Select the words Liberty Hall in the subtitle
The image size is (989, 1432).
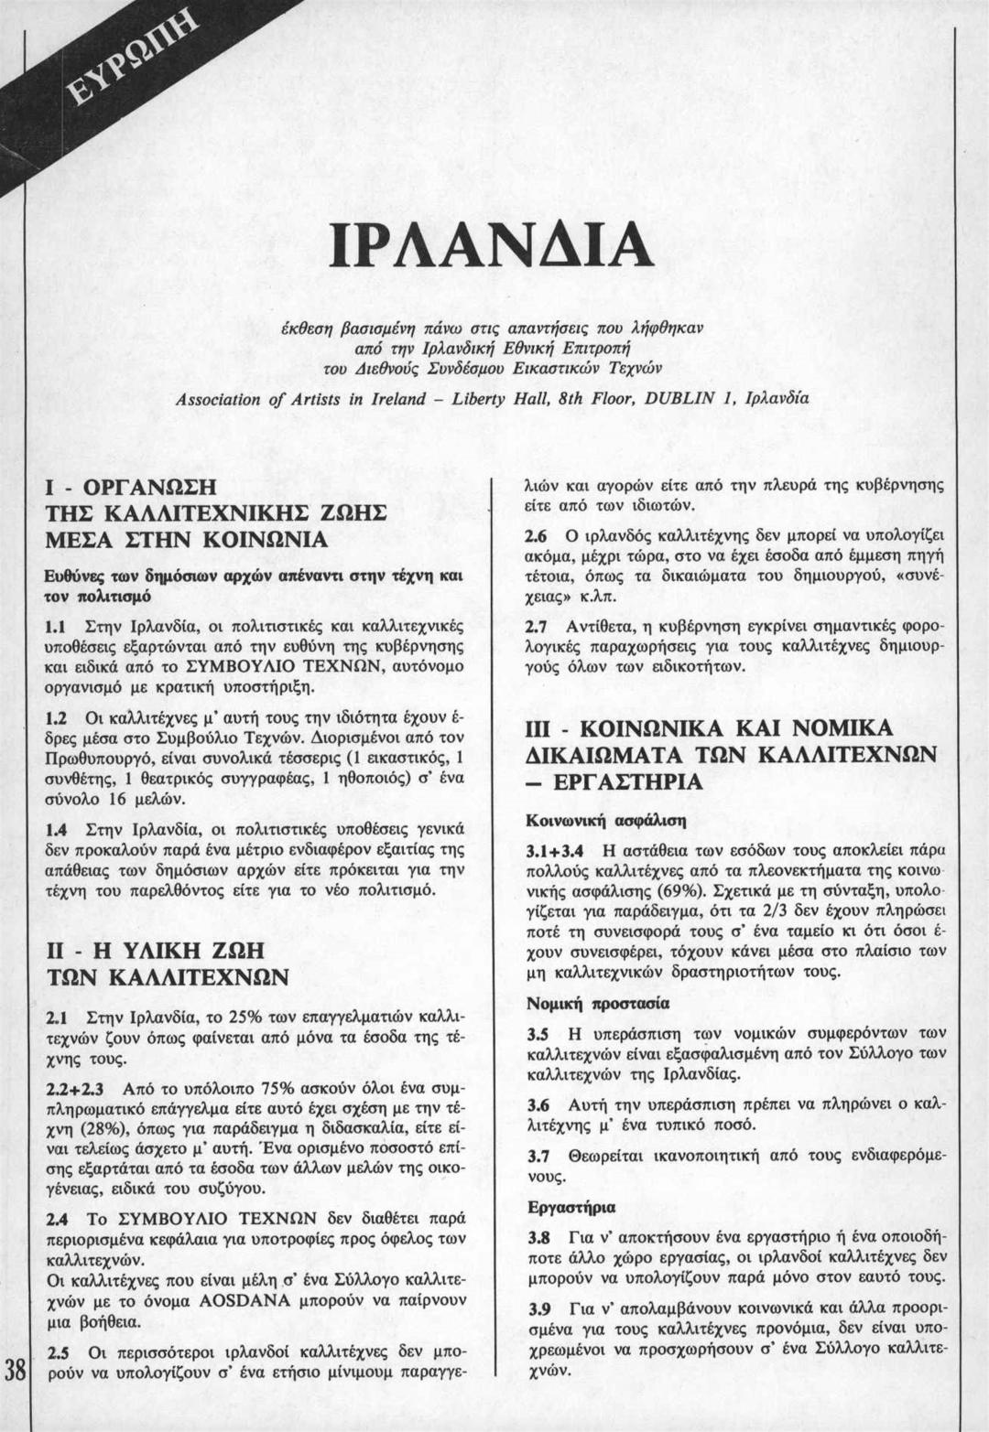(496, 400)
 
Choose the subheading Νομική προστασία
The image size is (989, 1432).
(598, 1004)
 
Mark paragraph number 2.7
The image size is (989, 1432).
(536, 629)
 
